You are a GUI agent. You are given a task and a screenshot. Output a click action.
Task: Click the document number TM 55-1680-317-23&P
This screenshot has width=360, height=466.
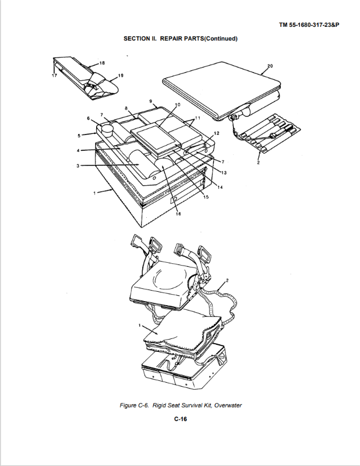click(309, 25)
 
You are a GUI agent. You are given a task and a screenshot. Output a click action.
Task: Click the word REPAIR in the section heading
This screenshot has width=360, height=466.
click(171, 38)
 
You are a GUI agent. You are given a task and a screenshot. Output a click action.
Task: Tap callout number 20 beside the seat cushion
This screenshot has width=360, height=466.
click(270, 66)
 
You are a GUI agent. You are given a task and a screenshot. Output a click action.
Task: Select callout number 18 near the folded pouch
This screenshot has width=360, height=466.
click(102, 63)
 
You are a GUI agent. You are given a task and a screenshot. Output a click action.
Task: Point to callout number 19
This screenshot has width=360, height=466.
click(121, 76)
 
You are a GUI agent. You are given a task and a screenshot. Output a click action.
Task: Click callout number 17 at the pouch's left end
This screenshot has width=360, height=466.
click(54, 76)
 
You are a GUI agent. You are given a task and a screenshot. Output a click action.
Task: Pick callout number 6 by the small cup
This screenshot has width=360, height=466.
click(88, 118)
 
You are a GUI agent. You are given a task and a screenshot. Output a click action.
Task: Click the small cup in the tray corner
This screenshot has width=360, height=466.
click(107, 129)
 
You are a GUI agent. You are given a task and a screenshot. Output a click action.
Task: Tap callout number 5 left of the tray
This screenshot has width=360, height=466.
click(79, 136)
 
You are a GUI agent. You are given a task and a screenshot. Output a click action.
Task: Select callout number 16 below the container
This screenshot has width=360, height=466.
click(178, 213)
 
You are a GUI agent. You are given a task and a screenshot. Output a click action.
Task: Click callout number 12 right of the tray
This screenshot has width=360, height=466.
click(217, 133)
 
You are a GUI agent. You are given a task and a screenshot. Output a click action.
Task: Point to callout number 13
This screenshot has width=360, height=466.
click(224, 172)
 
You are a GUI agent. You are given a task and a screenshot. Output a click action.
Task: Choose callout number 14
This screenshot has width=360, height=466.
click(220, 187)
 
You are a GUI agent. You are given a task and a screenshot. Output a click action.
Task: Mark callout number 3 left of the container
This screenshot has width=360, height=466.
click(78, 166)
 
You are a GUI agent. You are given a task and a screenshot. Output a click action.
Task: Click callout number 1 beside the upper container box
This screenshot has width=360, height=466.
click(94, 193)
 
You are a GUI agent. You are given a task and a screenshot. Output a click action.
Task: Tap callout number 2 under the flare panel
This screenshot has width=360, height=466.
click(258, 163)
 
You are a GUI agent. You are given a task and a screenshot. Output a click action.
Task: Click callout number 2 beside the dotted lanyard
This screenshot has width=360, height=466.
click(227, 280)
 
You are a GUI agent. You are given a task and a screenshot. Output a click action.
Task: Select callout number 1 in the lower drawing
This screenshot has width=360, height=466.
click(139, 326)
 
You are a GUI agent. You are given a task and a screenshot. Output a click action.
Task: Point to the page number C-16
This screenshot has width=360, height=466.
click(181, 419)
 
